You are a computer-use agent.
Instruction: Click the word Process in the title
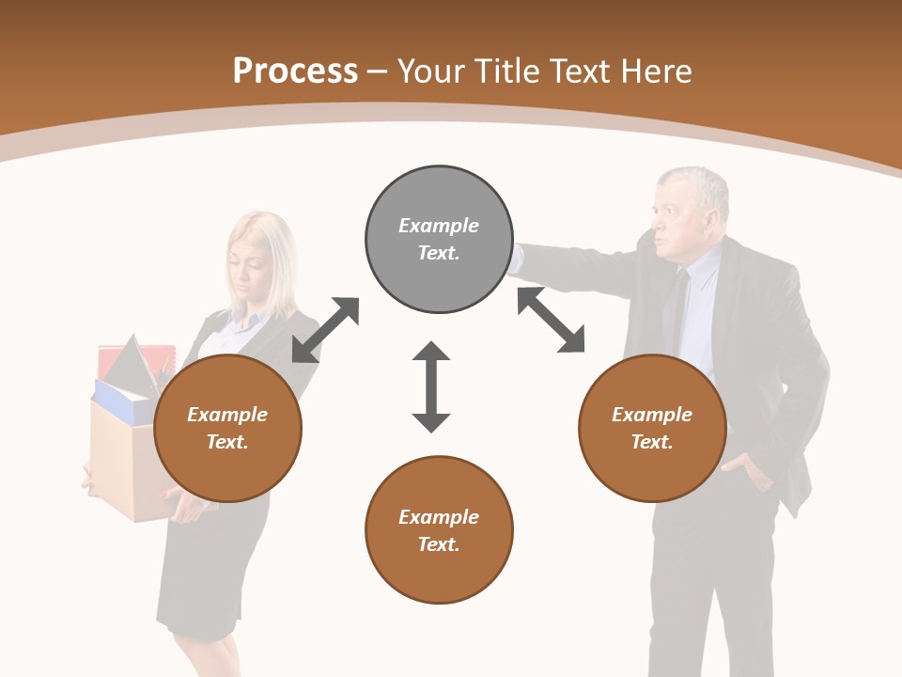pos(295,71)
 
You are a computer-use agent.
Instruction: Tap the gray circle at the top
pos(439,239)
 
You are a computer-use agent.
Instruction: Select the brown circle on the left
pos(227,428)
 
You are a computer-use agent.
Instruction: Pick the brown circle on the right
pos(652,428)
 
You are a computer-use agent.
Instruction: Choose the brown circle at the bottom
pos(439,530)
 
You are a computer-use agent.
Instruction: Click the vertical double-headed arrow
pos(431,386)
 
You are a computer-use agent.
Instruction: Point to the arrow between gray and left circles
pos(325,329)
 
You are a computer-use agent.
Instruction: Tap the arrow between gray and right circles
pos(552,320)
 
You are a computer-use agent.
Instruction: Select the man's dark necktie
pos(678,310)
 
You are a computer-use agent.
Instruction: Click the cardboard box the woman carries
pos(117,461)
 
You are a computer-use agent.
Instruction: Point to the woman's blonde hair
pos(272,254)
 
